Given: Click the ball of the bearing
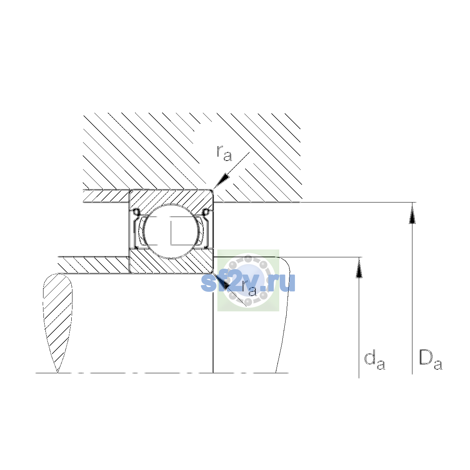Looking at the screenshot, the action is (x=172, y=231).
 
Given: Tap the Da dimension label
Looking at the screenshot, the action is (x=430, y=363).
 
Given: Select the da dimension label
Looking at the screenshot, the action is (x=374, y=363).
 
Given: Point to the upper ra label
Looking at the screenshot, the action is (x=224, y=154).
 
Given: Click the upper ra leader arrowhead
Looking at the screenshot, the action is (x=221, y=181).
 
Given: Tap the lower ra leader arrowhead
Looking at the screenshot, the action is (x=221, y=281).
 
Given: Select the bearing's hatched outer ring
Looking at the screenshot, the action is (x=171, y=199).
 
